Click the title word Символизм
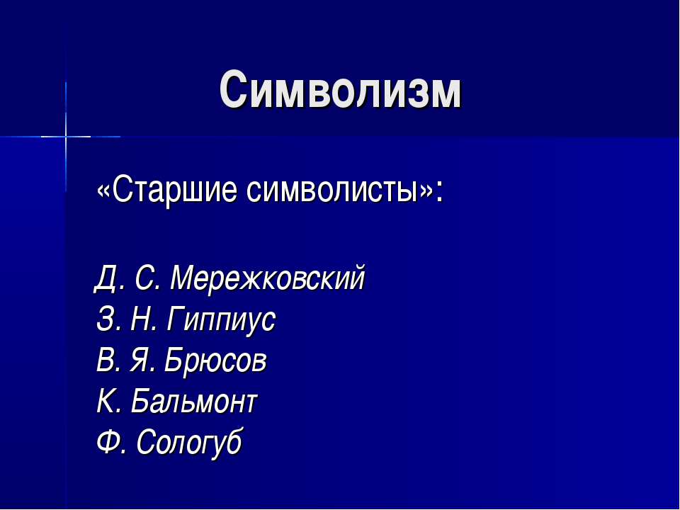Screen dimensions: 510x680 [x=340, y=91]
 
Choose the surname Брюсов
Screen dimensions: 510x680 [x=215, y=361]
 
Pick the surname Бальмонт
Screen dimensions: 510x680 [x=195, y=402]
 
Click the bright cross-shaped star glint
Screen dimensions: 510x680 [x=66, y=135]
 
